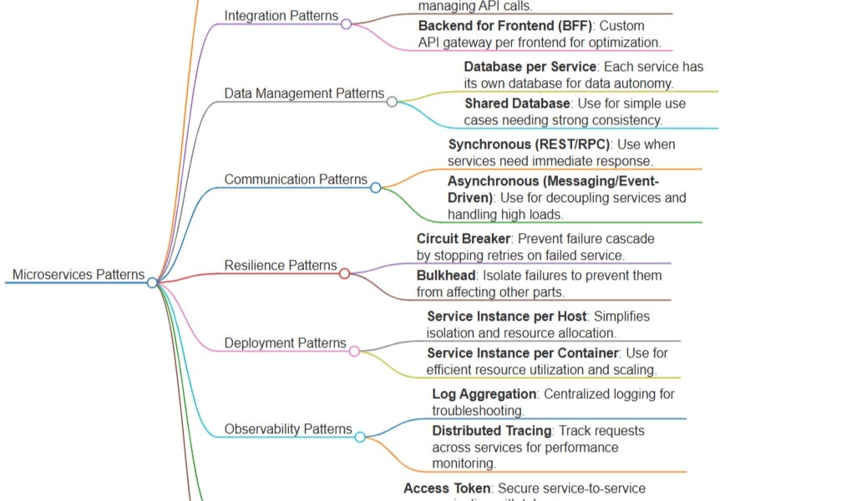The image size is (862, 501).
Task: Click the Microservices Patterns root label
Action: click(78, 275)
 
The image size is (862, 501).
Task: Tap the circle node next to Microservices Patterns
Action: click(152, 283)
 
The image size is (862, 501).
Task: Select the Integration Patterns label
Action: click(281, 16)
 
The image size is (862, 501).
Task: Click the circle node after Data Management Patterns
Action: click(392, 102)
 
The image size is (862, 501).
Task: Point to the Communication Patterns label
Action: click(296, 180)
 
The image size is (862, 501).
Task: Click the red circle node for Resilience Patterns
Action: click(344, 274)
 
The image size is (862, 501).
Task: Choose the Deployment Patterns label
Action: click(285, 343)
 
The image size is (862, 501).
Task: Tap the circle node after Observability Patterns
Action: click(360, 437)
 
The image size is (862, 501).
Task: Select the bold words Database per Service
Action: click(530, 67)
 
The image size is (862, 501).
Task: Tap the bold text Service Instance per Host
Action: click(506, 316)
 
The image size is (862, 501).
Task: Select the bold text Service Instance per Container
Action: click(522, 353)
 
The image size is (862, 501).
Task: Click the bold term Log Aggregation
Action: click(484, 394)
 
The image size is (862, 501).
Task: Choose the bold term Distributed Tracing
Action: click(491, 431)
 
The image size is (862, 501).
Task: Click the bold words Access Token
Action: click(447, 488)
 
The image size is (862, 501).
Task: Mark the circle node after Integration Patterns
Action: click(346, 24)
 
